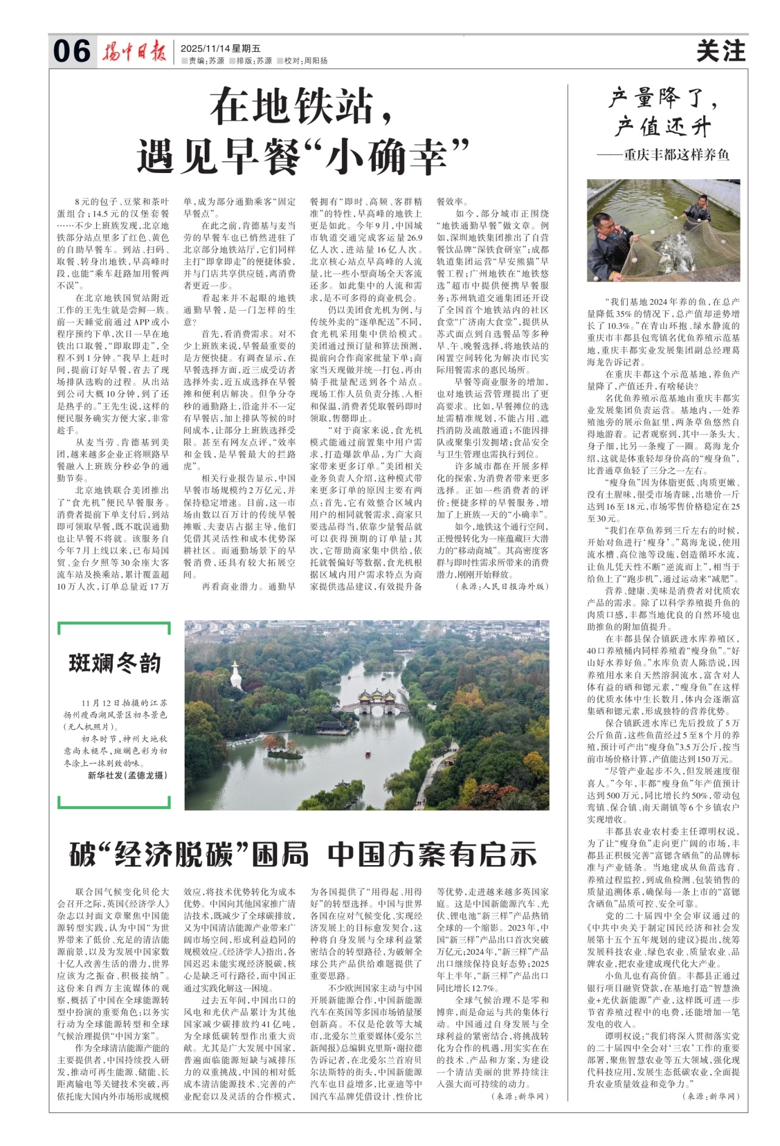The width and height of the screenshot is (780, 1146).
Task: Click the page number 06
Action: (72, 51)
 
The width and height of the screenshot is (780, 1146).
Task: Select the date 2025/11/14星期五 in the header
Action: (221, 48)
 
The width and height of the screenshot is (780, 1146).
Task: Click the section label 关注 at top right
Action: (721, 51)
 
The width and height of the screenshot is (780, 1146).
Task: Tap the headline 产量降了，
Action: (664, 97)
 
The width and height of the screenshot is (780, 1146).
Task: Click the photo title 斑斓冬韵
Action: (115, 663)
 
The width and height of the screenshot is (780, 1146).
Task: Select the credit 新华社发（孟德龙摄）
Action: (127, 775)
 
